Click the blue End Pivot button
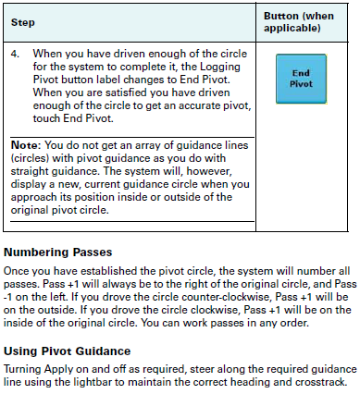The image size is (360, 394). coord(301,77)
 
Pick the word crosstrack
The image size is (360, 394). coord(320,382)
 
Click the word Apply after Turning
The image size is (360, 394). coord(64,369)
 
